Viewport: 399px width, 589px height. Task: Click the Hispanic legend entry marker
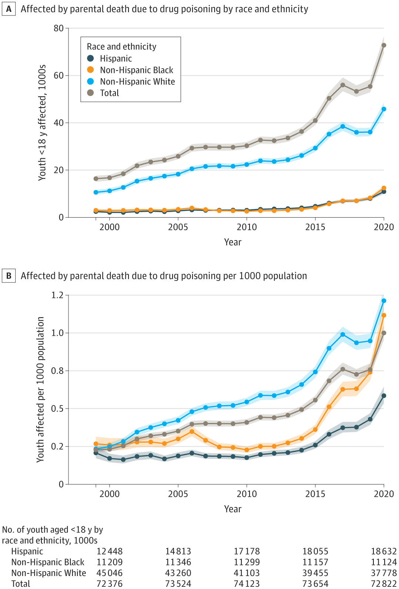90,59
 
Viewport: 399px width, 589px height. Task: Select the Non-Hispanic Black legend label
136,70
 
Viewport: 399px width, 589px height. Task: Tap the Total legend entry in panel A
109,93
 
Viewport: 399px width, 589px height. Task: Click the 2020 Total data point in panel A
384,45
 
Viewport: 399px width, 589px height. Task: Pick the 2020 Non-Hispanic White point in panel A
384,109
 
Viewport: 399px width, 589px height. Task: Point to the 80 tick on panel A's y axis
58,28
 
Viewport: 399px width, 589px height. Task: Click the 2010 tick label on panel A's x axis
247,227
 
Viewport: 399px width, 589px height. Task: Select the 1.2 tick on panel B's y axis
57,295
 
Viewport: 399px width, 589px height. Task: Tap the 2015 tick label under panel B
315,494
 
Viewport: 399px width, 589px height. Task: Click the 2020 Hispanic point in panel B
384,396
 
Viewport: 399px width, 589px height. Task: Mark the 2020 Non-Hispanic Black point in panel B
384,315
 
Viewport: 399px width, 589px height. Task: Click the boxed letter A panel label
9,9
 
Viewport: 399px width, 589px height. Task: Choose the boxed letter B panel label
9,276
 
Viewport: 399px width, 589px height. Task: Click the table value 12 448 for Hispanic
110,552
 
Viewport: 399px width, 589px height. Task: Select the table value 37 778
384,573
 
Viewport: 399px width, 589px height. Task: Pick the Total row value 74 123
247,583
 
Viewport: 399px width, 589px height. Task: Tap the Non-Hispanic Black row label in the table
48,562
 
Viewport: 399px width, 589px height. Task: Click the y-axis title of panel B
40,389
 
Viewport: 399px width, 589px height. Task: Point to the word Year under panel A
232,242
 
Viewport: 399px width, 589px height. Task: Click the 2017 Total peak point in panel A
343,85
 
